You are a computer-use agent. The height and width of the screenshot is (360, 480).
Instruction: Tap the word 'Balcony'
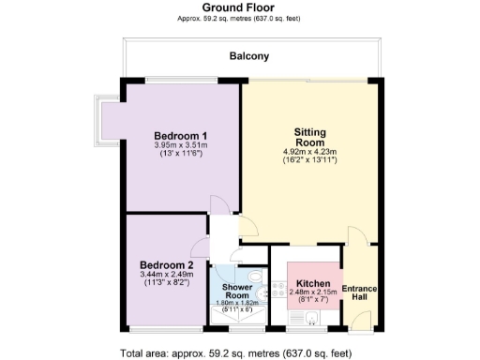pyautogui.click(x=249, y=56)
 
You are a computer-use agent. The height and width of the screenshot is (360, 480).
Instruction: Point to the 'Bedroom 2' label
pyautogui.click(x=165, y=263)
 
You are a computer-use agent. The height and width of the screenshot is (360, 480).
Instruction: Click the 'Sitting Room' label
pyautogui.click(x=309, y=139)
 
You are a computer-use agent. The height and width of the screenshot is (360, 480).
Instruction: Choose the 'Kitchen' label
pyautogui.click(x=311, y=283)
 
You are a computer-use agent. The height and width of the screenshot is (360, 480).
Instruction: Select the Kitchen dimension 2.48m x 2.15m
pyautogui.click(x=311, y=293)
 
